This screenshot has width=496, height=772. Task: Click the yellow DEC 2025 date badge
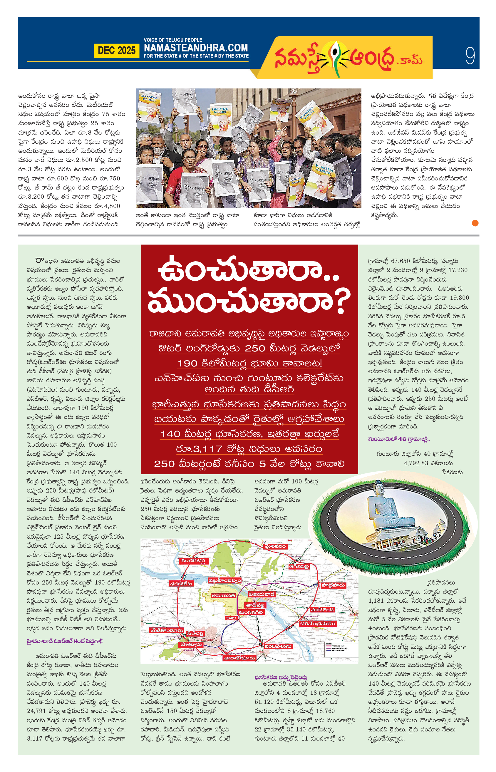[116, 51]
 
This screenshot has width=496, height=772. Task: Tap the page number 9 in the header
[470, 56]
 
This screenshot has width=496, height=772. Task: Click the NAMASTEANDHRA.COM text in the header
[196, 48]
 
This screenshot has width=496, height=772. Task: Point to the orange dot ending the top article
[475, 223]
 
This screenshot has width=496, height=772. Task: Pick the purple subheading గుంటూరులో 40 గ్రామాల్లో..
[399, 439]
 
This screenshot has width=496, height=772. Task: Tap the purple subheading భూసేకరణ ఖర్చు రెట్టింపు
[281, 678]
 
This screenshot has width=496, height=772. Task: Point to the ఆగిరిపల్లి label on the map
[299, 567]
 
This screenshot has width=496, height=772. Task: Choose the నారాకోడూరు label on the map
[240, 658]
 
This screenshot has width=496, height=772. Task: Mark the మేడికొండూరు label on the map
[167, 630]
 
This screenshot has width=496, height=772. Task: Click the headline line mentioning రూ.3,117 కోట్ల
[249, 449]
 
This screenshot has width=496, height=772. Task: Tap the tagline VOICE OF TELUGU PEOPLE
[173, 40]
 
